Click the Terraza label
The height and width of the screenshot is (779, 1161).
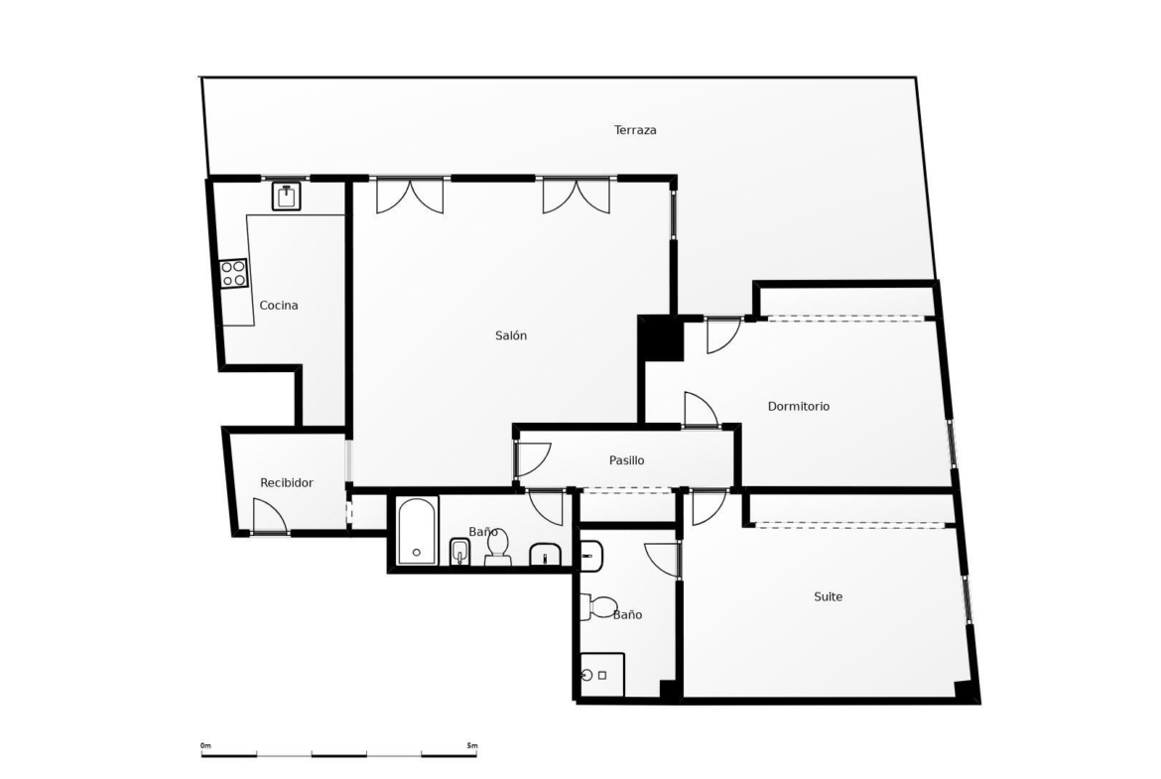(x=635, y=130)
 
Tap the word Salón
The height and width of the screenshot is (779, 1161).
(x=511, y=335)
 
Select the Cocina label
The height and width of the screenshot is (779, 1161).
(x=279, y=305)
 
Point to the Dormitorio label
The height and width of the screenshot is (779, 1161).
(x=798, y=407)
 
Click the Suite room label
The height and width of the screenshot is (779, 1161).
(x=828, y=596)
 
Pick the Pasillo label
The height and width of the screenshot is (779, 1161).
(x=626, y=460)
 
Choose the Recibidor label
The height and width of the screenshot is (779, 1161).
(x=287, y=483)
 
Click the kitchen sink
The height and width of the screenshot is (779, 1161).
(x=286, y=196)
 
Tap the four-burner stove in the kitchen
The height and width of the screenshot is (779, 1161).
(x=233, y=273)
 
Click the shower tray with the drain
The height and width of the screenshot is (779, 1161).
(x=602, y=675)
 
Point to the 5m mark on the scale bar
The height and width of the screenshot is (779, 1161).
(x=472, y=745)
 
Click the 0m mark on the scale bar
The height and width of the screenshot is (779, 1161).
(x=205, y=745)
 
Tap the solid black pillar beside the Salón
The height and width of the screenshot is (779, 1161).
(x=661, y=337)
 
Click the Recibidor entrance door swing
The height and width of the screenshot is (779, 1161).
(x=270, y=515)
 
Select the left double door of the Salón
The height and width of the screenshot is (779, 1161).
(x=410, y=196)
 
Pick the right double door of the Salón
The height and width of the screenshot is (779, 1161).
(x=577, y=196)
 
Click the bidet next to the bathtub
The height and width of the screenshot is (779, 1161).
(x=459, y=552)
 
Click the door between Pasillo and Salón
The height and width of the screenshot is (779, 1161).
(x=533, y=459)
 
